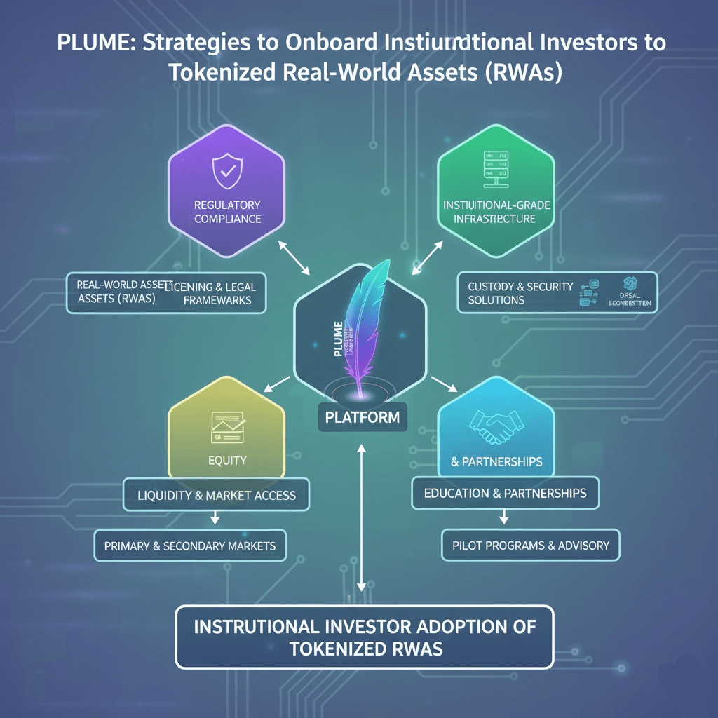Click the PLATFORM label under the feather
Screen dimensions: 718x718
click(x=362, y=417)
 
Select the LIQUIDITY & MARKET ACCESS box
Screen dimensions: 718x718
click(x=217, y=495)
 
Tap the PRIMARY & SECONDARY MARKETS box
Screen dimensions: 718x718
click(x=190, y=546)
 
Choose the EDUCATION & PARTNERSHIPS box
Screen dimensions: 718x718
click(x=505, y=493)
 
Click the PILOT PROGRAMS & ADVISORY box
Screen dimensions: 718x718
click(x=531, y=545)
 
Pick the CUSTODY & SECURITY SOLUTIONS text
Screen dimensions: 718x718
click(x=520, y=293)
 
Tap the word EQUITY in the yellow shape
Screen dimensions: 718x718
click(x=227, y=461)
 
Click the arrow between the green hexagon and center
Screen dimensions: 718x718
click(x=428, y=257)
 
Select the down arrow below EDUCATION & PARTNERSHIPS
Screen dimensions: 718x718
click(x=504, y=517)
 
